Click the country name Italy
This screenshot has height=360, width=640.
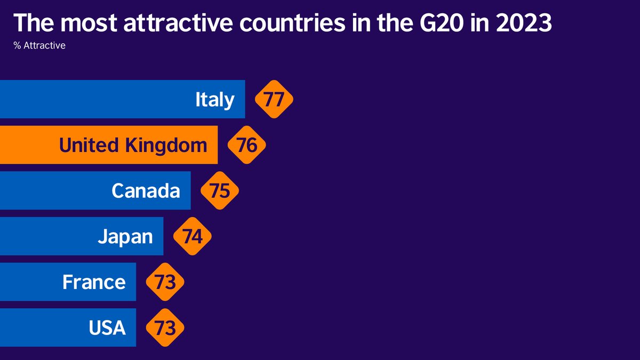click(215, 100)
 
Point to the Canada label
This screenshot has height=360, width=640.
click(146, 190)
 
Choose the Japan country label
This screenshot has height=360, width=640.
click(125, 236)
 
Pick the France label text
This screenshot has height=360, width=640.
click(94, 282)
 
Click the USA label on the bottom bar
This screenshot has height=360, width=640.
click(107, 327)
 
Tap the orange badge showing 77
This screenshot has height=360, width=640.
click(274, 99)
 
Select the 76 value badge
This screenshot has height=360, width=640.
click(247, 145)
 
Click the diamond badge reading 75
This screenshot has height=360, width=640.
click(220, 190)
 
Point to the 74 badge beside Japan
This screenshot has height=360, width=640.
click(193, 236)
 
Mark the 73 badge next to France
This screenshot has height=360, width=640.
click(165, 282)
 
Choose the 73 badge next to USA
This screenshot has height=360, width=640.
click(165, 327)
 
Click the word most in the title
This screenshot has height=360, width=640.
click(91, 24)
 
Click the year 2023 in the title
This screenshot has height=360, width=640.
click(525, 24)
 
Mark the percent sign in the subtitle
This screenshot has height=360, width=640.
click(17, 46)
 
